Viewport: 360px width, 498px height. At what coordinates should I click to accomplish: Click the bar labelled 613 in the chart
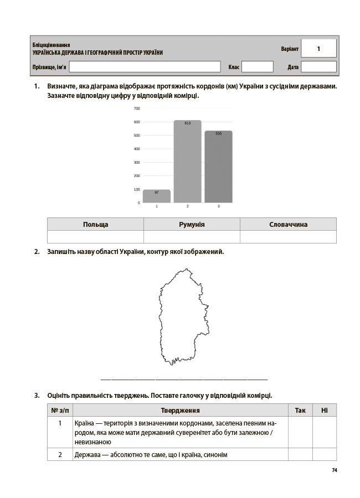pyautogui.click(x=187, y=161)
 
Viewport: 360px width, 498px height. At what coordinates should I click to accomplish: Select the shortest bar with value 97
pyautogui.click(x=156, y=196)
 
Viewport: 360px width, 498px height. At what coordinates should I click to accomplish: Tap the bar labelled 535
pyautogui.click(x=218, y=167)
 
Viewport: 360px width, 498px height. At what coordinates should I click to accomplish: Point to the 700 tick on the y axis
pyautogui.click(x=137, y=108)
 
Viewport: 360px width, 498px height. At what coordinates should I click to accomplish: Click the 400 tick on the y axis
pyautogui.click(x=137, y=149)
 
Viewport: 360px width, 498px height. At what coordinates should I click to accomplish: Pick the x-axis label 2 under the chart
pyautogui.click(x=187, y=206)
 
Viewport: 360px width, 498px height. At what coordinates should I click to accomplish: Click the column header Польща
pyautogui.click(x=95, y=224)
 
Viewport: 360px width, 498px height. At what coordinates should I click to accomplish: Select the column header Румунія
pyautogui.click(x=192, y=224)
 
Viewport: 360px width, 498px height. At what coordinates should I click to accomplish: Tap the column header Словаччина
pyautogui.click(x=288, y=224)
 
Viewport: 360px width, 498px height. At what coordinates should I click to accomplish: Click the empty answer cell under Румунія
pyautogui.click(x=192, y=237)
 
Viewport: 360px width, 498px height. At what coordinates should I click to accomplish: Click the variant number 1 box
pyautogui.click(x=318, y=49)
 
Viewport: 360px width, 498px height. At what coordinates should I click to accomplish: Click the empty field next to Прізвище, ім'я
pyautogui.click(x=145, y=67)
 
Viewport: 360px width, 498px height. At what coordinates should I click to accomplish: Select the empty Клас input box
pyautogui.click(x=258, y=67)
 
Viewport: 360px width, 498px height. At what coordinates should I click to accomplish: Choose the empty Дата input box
pyautogui.click(x=318, y=67)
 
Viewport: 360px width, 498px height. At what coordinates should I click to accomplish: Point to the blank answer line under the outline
pyautogui.click(x=184, y=379)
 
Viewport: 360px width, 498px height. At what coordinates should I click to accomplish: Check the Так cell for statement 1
pyautogui.click(x=300, y=432)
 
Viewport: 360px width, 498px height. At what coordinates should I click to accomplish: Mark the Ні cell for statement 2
pyautogui.click(x=325, y=454)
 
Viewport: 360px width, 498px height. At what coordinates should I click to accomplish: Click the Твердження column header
pyautogui.click(x=180, y=410)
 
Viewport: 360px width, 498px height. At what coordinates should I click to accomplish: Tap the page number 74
pyautogui.click(x=334, y=470)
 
